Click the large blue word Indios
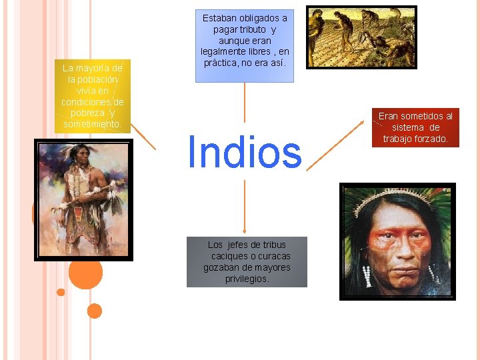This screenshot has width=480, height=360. (x=245, y=152)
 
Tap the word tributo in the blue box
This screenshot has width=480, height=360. (x=252, y=29)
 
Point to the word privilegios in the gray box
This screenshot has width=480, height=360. (x=247, y=279)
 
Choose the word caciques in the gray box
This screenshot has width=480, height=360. (x=228, y=256)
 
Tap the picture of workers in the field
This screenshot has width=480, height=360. (x=361, y=37)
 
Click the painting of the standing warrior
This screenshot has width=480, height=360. (x=83, y=199)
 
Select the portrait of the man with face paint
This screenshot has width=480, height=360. (x=397, y=241)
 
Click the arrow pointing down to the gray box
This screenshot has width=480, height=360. (x=245, y=207)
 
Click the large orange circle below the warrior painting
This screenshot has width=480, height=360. (x=85, y=271)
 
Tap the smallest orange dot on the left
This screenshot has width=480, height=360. (x=61, y=292)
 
